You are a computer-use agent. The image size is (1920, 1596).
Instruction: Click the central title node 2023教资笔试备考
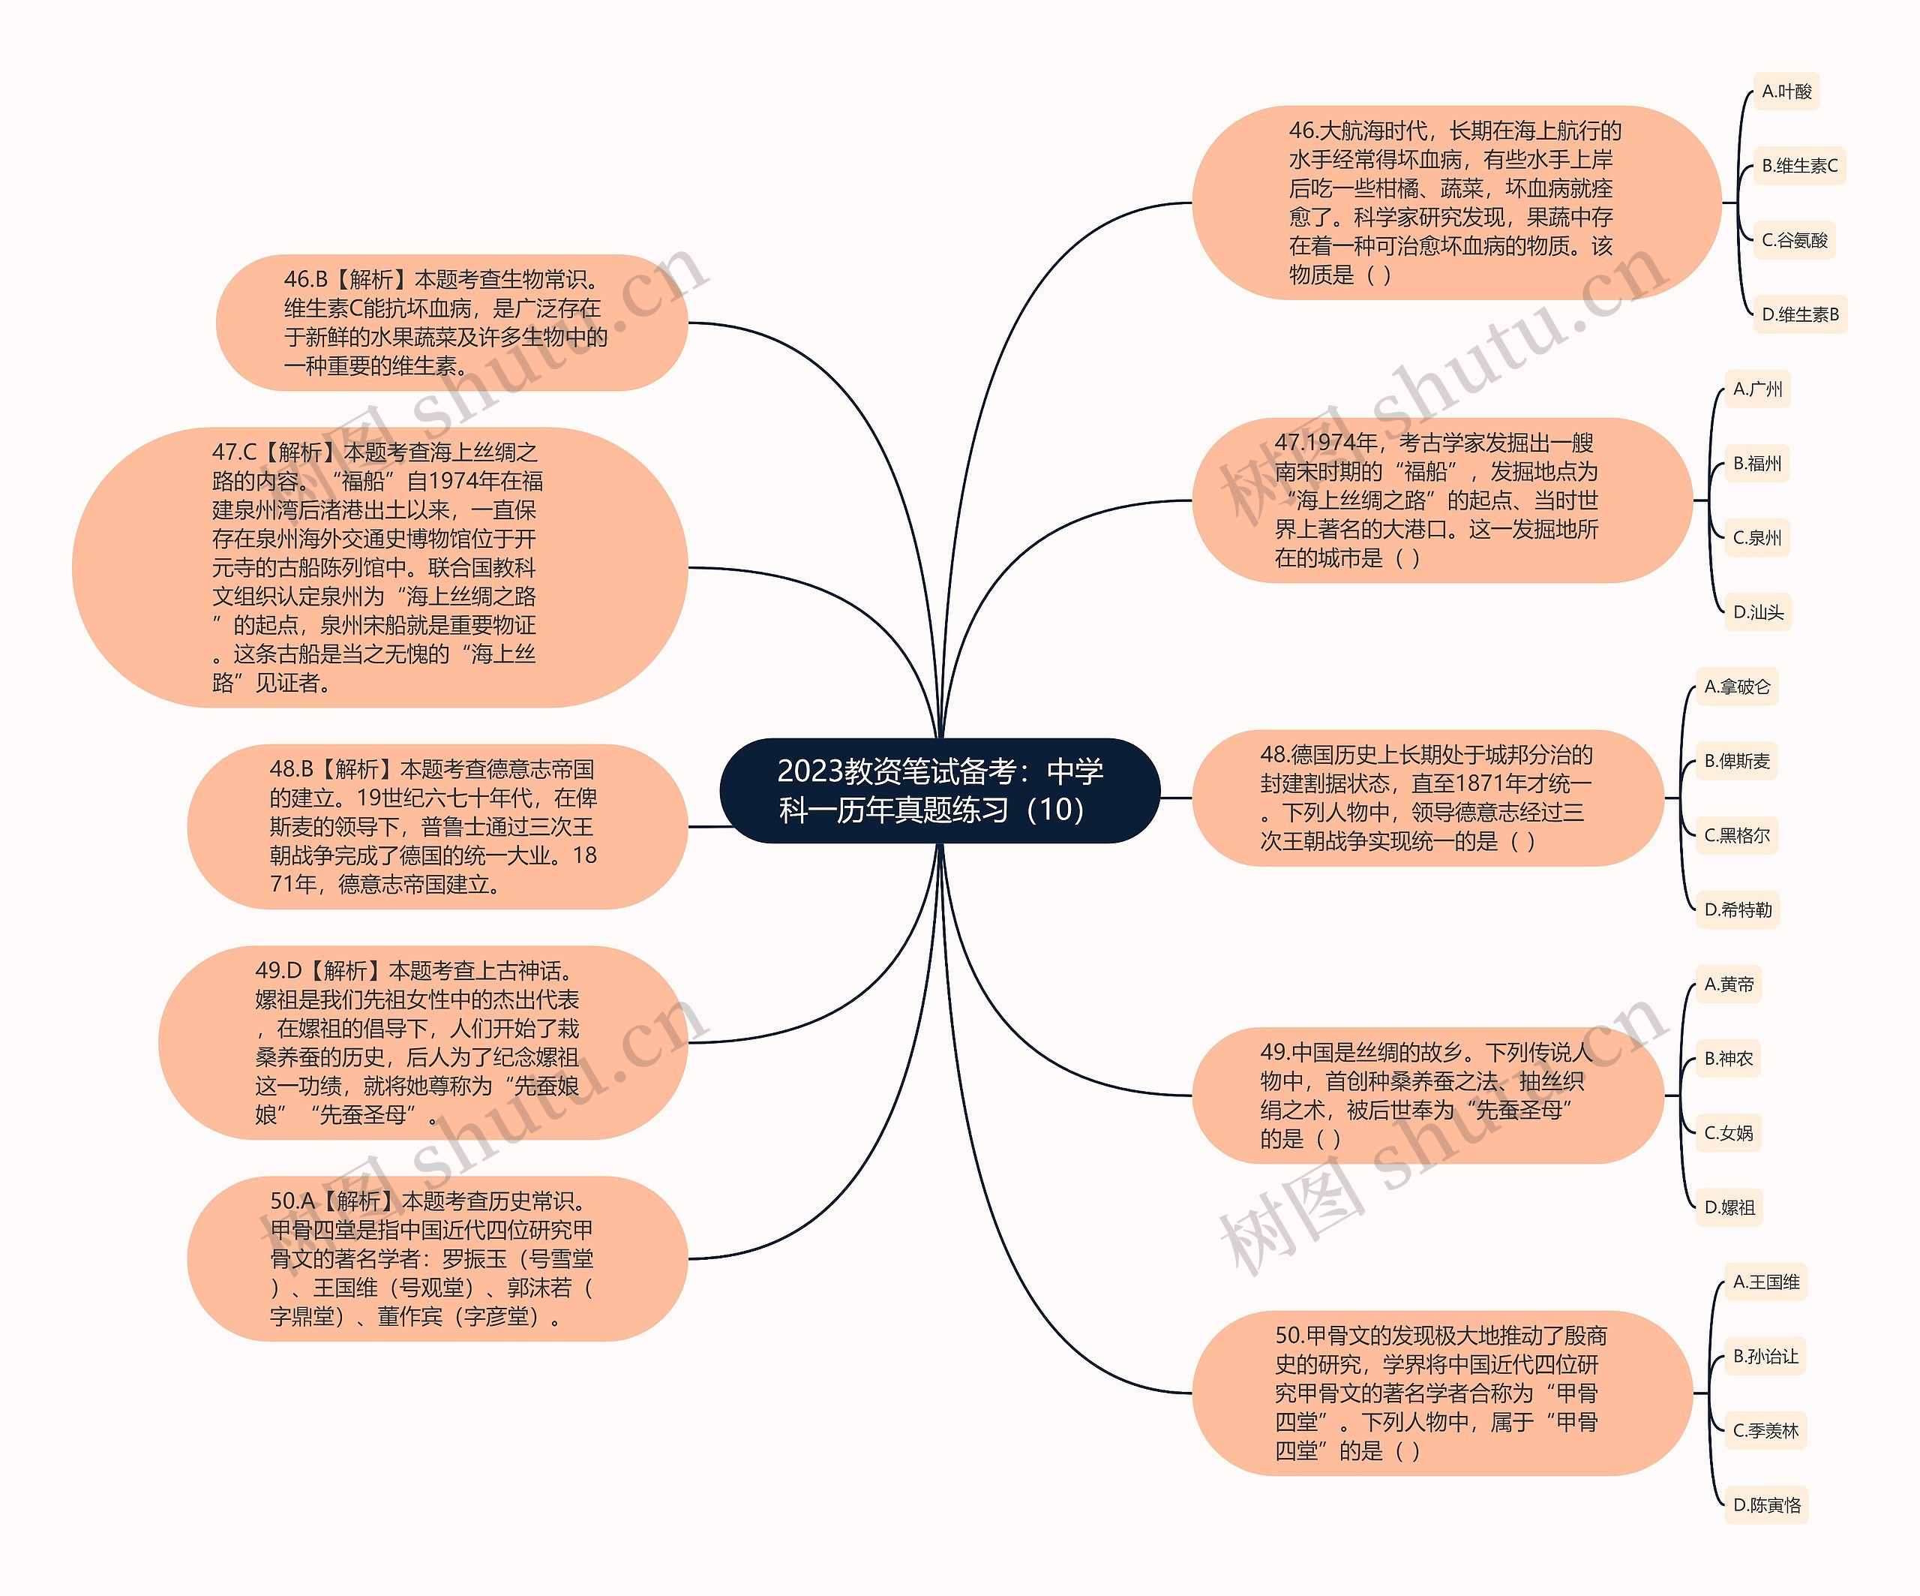pos(940,790)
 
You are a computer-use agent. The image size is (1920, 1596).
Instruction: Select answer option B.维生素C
pos(1798,166)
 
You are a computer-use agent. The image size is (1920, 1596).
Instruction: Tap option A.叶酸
pos(1786,92)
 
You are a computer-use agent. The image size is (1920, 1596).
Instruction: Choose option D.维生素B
pos(1799,314)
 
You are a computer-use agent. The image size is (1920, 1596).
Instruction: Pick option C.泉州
pos(1756,538)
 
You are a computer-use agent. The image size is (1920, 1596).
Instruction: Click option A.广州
pos(1756,389)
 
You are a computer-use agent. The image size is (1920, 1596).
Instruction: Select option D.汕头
pos(1757,612)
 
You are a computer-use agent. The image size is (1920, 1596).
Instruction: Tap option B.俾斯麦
pos(1736,761)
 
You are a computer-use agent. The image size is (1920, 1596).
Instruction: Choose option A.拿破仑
pos(1736,687)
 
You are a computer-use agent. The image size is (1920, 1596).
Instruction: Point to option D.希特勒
pos(1737,910)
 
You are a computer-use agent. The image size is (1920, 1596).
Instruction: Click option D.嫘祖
pos(1729,1207)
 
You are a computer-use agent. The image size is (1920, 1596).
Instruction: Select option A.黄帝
pos(1728,984)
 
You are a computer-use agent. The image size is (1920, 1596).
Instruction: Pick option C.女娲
pos(1728,1133)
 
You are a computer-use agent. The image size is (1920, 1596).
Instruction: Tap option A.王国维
pos(1765,1282)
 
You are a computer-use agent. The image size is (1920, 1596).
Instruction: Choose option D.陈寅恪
pos(1766,1505)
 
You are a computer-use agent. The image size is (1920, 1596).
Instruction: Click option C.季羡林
pos(1765,1430)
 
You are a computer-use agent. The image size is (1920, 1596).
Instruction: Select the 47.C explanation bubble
pos(379,567)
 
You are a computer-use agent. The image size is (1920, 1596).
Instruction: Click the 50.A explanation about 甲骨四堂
pos(437,1258)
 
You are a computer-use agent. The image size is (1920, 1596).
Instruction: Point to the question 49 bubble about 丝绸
pos(1426,1095)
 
